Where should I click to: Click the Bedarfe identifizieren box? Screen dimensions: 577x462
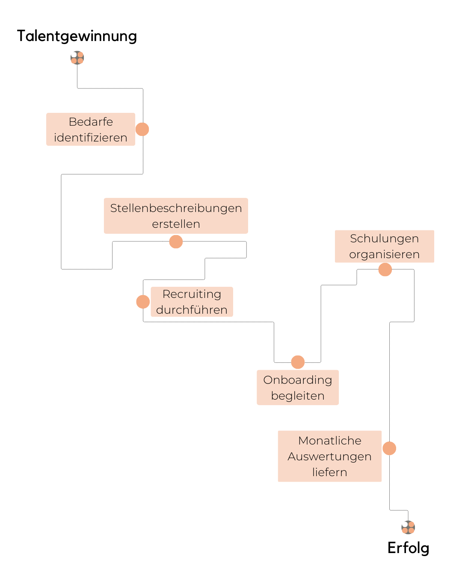91,130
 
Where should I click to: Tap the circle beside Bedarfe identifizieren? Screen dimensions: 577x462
142,129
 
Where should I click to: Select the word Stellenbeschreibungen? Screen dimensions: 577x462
176,208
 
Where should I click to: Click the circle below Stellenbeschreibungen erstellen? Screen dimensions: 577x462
176,241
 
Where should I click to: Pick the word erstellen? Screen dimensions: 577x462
176,224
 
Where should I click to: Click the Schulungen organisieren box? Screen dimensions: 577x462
384,246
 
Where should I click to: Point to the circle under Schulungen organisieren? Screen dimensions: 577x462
385,270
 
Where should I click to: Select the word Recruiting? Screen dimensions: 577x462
192,294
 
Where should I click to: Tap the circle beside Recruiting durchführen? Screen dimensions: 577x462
143,302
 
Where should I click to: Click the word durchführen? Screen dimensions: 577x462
192,310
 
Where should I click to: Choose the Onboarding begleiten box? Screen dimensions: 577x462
298,387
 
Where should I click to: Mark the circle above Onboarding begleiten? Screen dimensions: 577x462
298,362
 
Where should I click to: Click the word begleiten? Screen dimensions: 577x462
298,396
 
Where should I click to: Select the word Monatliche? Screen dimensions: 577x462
330,441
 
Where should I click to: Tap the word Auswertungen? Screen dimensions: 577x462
329,456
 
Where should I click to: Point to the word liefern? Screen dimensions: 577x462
329,472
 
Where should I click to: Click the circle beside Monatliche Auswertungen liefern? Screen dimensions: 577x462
389,448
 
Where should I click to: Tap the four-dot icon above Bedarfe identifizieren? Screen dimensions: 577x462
77,58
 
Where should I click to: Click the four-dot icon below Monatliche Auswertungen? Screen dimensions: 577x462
408,527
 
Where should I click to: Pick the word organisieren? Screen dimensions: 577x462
384,254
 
